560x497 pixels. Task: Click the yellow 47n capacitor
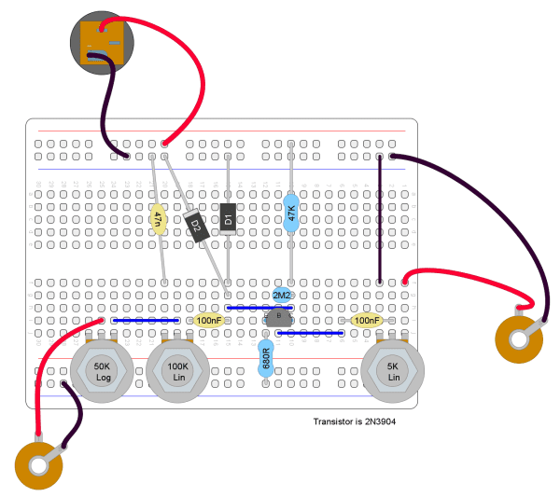point(159,218)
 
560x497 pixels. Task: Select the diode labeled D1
point(227,218)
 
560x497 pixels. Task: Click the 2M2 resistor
point(281,295)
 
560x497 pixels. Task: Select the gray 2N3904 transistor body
point(278,318)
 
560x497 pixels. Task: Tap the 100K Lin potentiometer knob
point(176,371)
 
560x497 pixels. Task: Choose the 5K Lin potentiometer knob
point(393,371)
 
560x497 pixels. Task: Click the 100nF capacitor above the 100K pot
point(209,321)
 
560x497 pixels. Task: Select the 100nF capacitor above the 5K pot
point(366,321)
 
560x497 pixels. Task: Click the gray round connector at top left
point(103,42)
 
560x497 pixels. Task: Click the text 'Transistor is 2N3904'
point(358,422)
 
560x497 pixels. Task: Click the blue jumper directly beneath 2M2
point(253,307)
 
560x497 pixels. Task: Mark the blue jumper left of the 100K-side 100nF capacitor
point(146,320)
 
